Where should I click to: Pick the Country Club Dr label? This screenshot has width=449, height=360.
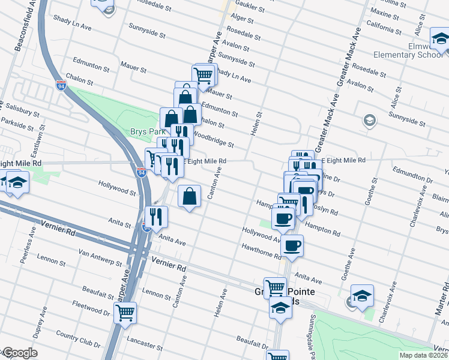[x=77, y=339]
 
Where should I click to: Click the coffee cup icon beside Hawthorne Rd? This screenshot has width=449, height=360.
[x=292, y=245]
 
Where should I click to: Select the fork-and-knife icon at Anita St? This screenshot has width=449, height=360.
[x=156, y=217]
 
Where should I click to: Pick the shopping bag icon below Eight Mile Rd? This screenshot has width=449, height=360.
[x=189, y=196]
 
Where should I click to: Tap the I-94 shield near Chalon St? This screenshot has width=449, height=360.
[x=61, y=85]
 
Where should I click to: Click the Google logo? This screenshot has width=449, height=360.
[x=19, y=353]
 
